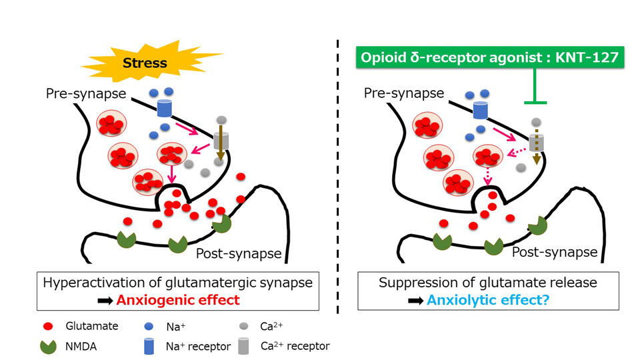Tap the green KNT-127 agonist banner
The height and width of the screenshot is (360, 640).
click(490, 57)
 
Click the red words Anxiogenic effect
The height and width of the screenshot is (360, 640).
click(178, 300)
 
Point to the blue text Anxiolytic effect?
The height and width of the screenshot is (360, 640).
click(488, 300)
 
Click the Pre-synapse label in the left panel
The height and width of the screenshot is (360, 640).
click(86, 93)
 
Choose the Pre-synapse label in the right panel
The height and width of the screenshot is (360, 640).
click(404, 93)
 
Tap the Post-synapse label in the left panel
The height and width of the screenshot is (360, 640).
click(239, 253)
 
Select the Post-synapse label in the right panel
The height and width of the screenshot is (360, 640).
click(555, 252)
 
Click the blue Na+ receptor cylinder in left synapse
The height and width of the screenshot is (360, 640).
click(165, 108)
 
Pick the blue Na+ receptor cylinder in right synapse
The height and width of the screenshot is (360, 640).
click(481, 110)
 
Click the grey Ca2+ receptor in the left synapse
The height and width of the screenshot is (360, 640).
click(221, 141)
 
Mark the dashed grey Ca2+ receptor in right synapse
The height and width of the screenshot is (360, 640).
click(536, 143)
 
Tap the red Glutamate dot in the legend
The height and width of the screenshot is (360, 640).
click(48, 326)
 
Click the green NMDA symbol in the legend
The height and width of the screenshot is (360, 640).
click(49, 347)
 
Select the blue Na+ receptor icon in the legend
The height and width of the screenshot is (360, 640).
click(149, 346)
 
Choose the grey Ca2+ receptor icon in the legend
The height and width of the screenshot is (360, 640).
click(244, 346)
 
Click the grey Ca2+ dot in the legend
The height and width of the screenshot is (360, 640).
click(244, 326)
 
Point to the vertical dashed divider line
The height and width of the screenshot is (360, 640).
click(338, 176)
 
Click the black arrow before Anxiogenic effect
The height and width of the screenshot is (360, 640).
click(105, 301)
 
